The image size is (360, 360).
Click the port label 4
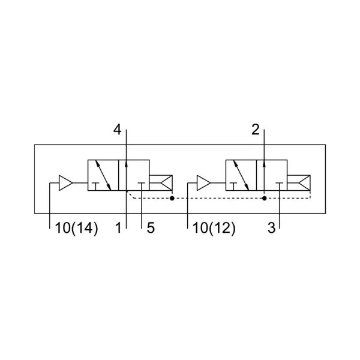click(x=118, y=130)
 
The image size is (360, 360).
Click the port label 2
click(x=256, y=130)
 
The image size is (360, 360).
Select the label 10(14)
click(x=77, y=229)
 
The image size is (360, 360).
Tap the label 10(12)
click(x=214, y=229)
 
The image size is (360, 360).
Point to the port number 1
click(x=118, y=228)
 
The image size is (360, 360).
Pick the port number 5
click(x=151, y=228)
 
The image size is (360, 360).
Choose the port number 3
click(x=271, y=228)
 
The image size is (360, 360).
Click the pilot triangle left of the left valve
click(x=66, y=183)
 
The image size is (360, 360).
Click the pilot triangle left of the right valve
click(x=203, y=183)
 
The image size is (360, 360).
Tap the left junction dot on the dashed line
click(x=172, y=198)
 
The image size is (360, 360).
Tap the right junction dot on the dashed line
click(x=264, y=198)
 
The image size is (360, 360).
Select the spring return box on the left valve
click(x=161, y=183)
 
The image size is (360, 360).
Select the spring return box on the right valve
click(x=299, y=183)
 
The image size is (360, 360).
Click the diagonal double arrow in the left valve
click(x=103, y=175)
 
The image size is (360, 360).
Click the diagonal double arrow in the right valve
click(x=241, y=175)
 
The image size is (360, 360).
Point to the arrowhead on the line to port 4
click(x=126, y=163)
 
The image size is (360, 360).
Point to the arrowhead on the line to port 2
click(x=264, y=163)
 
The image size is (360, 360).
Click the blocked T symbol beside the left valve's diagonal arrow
click(x=95, y=187)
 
